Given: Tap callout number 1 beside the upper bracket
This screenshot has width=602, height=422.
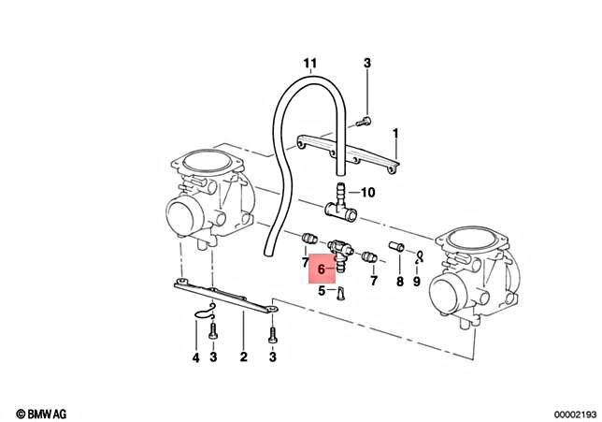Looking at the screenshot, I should click(395, 134).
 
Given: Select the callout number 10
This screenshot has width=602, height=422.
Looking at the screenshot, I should click(367, 194).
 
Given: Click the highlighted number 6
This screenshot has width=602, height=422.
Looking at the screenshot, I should click(321, 269).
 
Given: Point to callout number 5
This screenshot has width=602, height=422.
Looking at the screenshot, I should click(321, 291).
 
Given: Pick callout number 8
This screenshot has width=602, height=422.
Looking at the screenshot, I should click(399, 280).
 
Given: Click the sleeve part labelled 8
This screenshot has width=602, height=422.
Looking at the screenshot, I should click(396, 248).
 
